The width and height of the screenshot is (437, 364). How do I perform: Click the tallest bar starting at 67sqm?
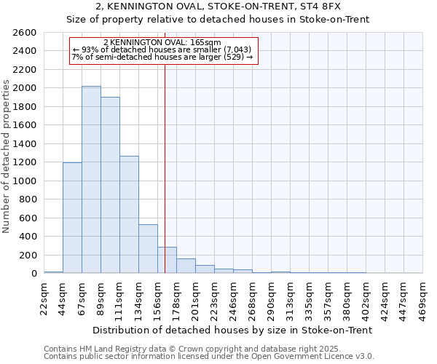click(x=91, y=180)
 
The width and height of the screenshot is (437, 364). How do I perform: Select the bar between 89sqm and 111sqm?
click(x=110, y=185)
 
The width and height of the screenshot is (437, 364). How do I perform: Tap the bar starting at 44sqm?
click(x=72, y=218)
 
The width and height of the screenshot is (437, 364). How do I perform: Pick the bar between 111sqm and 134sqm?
click(x=129, y=215)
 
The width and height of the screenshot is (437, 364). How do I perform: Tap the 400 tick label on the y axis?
click(x=28, y=237)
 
